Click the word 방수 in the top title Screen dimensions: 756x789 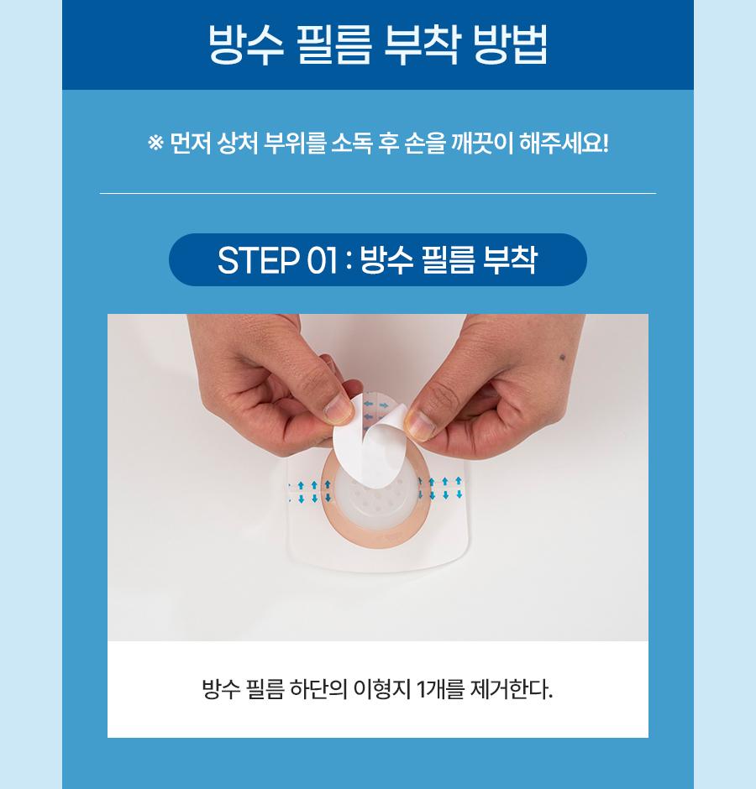click(246, 44)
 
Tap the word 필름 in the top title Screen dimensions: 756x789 click(334, 44)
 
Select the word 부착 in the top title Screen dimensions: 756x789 click(422, 44)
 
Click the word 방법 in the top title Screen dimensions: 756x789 click(510, 44)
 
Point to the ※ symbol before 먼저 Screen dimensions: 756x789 click(155, 143)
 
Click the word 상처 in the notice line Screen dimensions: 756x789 click(237, 144)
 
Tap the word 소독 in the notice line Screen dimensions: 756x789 click(352, 144)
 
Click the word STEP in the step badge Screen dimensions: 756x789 click(258, 260)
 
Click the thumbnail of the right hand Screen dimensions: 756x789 click(420, 424)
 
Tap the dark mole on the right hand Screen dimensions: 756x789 click(562, 358)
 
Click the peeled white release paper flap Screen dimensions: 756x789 click(370, 441)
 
